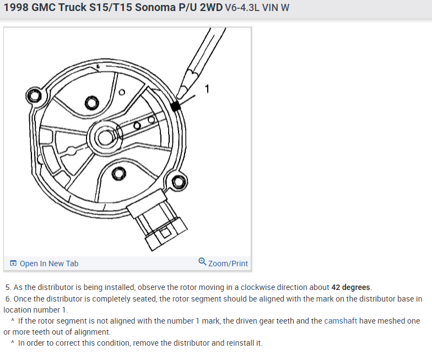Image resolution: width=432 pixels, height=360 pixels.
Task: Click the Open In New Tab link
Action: click(x=49, y=264)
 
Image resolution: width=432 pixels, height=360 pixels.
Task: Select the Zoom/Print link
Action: click(x=228, y=264)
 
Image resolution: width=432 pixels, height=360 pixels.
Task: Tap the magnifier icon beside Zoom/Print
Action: click(x=202, y=261)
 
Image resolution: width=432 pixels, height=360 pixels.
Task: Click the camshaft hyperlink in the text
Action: click(x=341, y=321)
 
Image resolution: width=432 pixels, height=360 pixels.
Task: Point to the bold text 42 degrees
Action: click(x=350, y=287)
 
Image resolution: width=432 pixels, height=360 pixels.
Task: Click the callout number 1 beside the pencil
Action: click(x=207, y=89)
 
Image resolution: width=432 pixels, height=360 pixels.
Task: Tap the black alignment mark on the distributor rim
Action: click(x=175, y=106)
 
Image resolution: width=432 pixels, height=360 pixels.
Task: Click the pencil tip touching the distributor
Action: click(x=179, y=96)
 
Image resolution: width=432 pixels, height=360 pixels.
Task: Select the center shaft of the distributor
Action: click(x=105, y=137)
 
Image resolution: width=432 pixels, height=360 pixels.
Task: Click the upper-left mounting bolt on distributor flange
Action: click(x=34, y=96)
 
